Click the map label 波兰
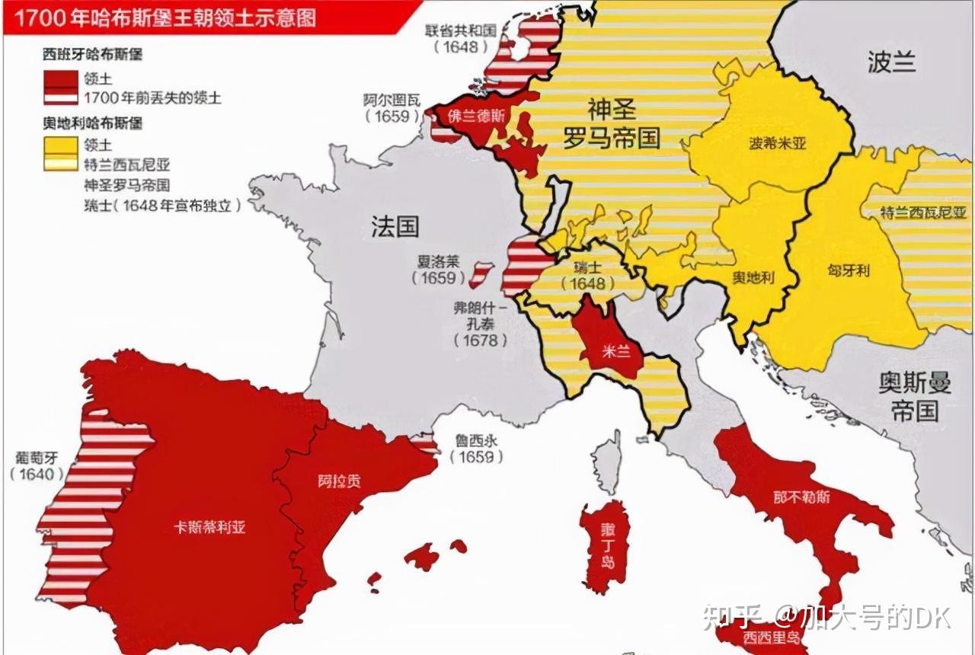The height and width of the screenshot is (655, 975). click(x=891, y=62)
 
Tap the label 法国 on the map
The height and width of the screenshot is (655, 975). click(x=395, y=226)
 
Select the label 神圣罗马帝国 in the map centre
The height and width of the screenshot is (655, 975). click(x=612, y=123)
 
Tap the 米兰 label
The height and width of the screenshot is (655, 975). click(x=609, y=353)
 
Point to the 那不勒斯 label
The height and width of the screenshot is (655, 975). click(x=801, y=497)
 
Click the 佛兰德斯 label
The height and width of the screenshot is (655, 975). click(x=476, y=117)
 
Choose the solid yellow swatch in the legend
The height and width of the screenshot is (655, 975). click(x=61, y=144)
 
